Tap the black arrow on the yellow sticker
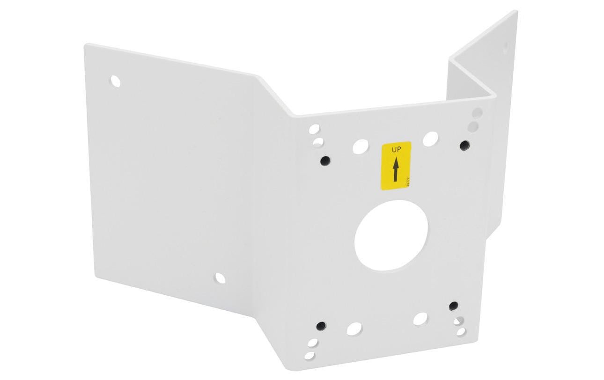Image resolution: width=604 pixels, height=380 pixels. tap(396, 169)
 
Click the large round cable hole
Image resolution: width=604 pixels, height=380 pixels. tap(391, 235)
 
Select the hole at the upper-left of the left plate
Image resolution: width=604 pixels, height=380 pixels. tap(115, 81)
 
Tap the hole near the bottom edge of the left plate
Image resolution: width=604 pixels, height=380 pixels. tap(220, 278)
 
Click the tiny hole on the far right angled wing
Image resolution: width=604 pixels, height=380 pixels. tap(505, 46)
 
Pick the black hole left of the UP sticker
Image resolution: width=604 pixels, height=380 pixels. tap(324, 161)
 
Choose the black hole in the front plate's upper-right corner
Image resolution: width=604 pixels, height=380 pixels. tap(464, 146)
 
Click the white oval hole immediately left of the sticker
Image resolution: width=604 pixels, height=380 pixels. tap(360, 146)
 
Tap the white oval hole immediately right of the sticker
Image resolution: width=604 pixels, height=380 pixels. tap(430, 139)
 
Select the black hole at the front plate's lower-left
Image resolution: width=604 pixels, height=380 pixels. tap(321, 326)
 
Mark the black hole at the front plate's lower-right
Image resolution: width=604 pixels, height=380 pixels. tap(453, 306)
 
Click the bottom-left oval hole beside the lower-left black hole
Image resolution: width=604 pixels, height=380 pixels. tap(354, 329)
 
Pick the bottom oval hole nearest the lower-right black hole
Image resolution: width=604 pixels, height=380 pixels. tap(420, 319)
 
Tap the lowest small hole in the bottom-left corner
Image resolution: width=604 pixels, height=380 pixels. tap(309, 356)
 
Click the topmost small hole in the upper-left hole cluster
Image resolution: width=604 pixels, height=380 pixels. tap(314, 129)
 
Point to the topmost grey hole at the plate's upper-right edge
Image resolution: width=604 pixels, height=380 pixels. tap(477, 113)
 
